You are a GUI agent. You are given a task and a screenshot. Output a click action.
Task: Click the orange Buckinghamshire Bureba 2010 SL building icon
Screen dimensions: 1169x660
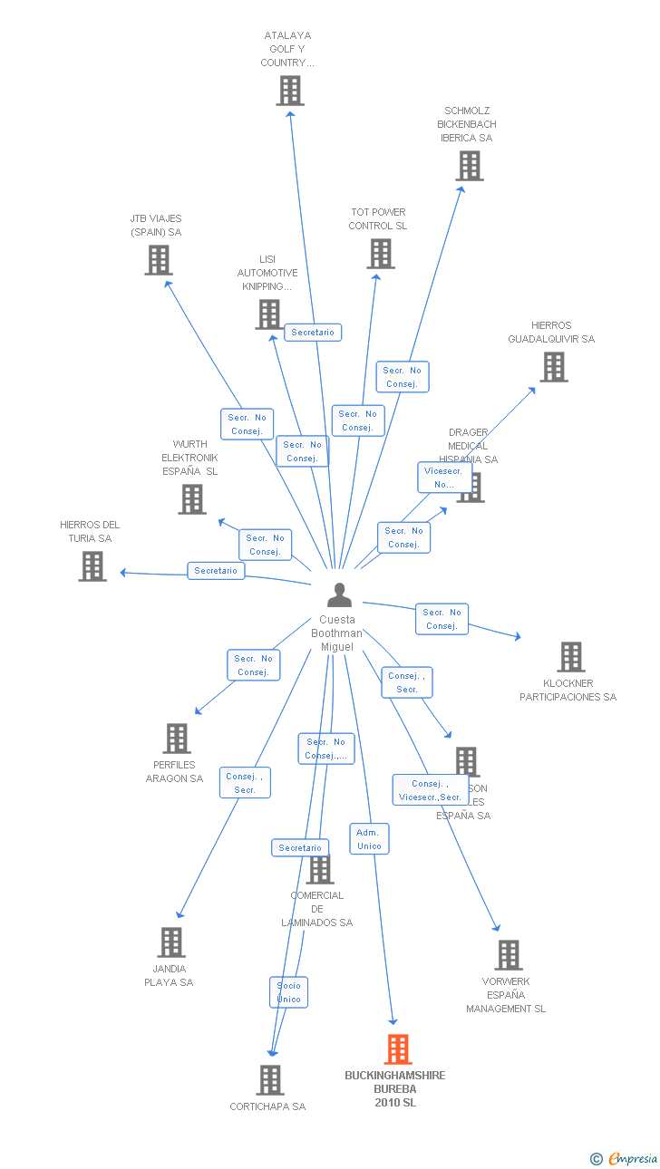point(398,1049)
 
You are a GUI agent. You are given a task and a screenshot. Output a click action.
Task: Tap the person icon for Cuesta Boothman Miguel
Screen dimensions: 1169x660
point(339,595)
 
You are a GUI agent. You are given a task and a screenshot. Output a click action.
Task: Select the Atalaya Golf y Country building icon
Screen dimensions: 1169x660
point(290,91)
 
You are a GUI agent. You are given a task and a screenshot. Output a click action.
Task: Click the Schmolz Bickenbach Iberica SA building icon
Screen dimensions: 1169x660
point(470,166)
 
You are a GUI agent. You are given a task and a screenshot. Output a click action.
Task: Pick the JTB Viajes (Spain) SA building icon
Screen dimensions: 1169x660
point(159,260)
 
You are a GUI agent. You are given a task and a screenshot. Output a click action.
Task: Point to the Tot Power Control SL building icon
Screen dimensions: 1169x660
point(381,254)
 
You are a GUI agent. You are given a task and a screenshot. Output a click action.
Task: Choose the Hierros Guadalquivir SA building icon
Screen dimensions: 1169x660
point(553,367)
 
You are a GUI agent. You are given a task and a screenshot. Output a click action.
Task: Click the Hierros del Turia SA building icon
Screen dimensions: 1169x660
point(92,566)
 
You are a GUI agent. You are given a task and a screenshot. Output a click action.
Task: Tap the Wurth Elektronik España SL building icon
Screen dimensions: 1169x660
point(192,499)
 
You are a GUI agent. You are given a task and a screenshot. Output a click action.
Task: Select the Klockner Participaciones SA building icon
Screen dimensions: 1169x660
point(571,657)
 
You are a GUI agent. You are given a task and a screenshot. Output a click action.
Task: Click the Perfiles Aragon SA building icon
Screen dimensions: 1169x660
point(177,739)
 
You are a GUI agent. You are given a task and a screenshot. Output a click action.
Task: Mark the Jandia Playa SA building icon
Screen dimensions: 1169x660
point(171,942)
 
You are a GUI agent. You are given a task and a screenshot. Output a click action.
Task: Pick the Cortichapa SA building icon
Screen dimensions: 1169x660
point(270,1080)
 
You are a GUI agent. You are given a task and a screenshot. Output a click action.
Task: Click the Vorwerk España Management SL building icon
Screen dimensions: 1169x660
point(509,955)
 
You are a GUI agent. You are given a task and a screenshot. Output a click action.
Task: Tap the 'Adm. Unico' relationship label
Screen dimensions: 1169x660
point(369,839)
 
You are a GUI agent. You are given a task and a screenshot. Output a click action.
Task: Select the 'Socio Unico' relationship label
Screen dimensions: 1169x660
point(289,992)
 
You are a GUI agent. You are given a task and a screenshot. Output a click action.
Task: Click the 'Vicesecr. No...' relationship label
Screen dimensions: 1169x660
point(444,478)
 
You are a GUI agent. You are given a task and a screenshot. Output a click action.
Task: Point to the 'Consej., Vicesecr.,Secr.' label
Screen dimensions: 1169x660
point(431,790)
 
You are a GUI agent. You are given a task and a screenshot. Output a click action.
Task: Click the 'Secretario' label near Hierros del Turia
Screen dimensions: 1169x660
point(216,571)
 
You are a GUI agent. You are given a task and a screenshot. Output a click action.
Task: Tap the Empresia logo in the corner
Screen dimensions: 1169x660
point(626,1158)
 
